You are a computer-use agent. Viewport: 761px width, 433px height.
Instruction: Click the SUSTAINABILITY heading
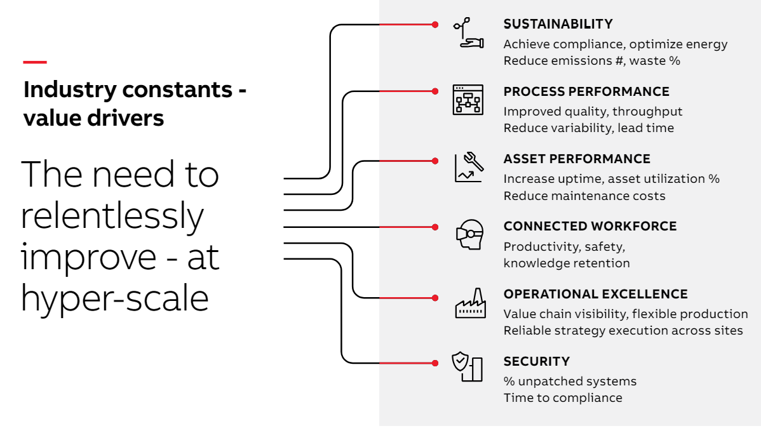click(x=558, y=23)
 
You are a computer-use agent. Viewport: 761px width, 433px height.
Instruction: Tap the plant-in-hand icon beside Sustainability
click(x=468, y=33)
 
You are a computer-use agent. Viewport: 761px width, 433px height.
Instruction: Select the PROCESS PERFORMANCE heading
click(x=586, y=91)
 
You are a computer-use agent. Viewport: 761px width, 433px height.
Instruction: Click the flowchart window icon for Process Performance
click(x=468, y=100)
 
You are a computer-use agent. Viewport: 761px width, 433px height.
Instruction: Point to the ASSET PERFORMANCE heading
click(x=577, y=159)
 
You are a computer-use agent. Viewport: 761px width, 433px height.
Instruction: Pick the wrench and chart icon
click(x=469, y=167)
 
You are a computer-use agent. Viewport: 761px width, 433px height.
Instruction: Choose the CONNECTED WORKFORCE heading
click(x=590, y=226)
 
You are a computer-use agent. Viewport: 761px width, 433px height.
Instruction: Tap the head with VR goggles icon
click(x=470, y=235)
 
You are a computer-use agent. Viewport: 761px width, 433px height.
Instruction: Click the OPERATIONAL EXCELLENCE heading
click(x=595, y=294)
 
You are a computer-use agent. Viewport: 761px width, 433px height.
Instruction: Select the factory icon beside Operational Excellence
click(x=470, y=303)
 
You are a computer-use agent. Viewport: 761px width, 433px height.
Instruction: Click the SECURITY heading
click(x=537, y=361)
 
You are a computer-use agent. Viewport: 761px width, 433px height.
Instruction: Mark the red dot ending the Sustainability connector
click(x=435, y=25)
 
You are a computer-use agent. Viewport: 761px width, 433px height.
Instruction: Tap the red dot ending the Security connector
click(x=435, y=363)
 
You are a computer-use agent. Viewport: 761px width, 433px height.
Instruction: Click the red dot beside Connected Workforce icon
click(x=435, y=227)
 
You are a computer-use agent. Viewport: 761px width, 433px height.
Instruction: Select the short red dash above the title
click(x=35, y=62)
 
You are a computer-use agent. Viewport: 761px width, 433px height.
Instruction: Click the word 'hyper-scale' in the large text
click(x=115, y=298)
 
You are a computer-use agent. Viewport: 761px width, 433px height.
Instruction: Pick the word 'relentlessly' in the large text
click(x=112, y=216)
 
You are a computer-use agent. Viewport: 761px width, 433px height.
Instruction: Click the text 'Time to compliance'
click(x=563, y=397)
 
